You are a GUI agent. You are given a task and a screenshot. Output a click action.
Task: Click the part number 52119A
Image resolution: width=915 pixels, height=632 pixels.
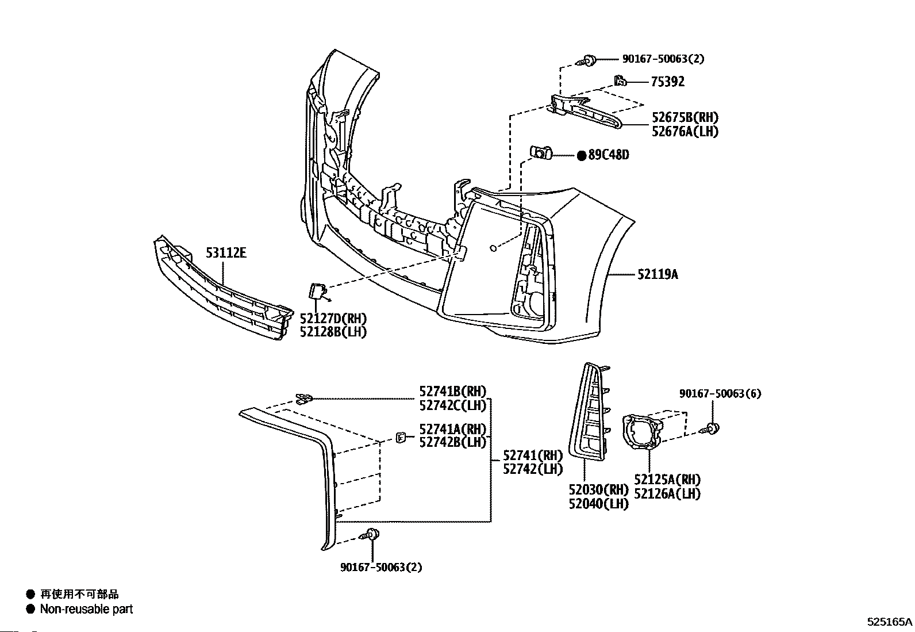pos(658,274)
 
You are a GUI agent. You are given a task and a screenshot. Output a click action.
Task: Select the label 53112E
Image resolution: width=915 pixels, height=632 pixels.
pos(226,252)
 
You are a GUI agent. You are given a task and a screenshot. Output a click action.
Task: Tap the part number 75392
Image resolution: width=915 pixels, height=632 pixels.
pos(667,82)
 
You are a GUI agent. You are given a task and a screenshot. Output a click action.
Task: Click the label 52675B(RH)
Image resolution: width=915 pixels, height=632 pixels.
pos(685,118)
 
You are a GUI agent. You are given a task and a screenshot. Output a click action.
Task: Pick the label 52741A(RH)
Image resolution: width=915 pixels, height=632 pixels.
pos(453,429)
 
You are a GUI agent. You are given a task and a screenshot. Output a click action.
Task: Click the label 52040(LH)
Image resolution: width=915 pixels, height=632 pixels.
pos(599,504)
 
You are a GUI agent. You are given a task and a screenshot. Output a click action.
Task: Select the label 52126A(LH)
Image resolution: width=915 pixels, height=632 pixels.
pos(667,493)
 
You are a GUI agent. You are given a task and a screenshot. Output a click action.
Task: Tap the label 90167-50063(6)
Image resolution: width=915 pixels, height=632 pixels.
pos(720,394)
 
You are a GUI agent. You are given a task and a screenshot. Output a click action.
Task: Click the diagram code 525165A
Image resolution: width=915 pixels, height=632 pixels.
pos(890,622)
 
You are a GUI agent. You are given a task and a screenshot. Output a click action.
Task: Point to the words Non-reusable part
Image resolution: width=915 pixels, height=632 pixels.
pos(86,609)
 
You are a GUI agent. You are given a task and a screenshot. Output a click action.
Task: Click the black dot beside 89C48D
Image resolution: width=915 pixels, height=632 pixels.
pos(581,155)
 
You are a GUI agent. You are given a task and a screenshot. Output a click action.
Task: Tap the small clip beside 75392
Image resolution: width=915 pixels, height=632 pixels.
pos(620,81)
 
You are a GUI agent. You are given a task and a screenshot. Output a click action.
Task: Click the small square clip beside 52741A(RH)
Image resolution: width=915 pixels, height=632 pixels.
pos(401,438)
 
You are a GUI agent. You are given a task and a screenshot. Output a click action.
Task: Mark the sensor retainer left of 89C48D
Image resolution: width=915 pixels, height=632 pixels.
pos(541,153)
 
